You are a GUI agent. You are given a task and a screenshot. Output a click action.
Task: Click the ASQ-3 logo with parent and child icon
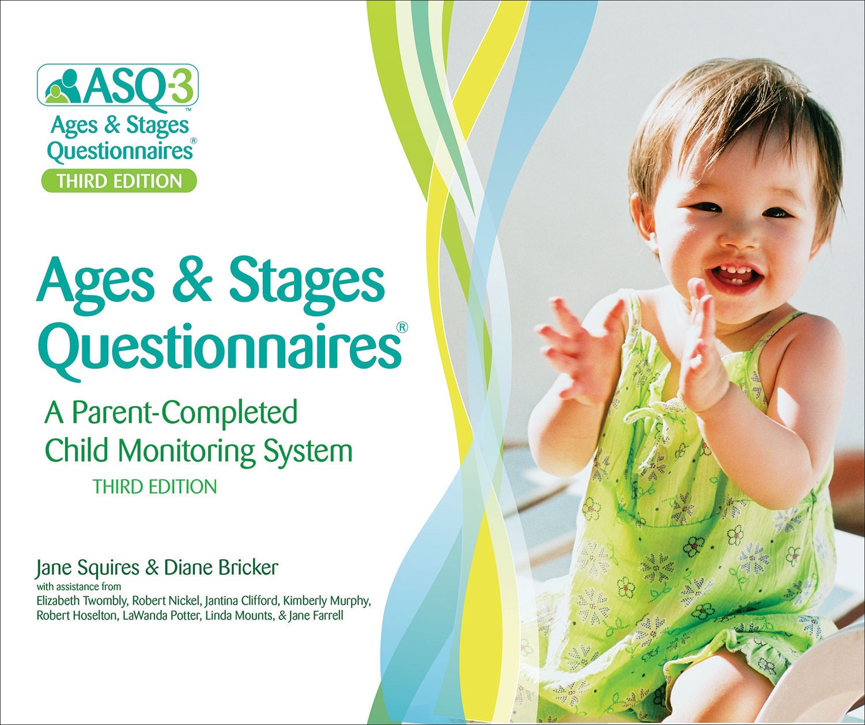(118, 85)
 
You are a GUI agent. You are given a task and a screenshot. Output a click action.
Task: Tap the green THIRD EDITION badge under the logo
(119, 181)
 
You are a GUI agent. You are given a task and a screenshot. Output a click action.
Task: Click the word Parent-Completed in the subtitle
(184, 412)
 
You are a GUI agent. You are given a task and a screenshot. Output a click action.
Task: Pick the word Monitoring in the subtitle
(187, 450)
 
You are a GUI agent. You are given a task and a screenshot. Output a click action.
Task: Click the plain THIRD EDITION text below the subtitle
(155, 487)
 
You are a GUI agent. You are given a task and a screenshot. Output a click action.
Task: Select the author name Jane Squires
(88, 568)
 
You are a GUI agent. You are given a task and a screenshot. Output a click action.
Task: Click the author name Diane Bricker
(221, 568)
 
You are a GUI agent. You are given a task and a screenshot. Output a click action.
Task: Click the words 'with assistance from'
(79, 587)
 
